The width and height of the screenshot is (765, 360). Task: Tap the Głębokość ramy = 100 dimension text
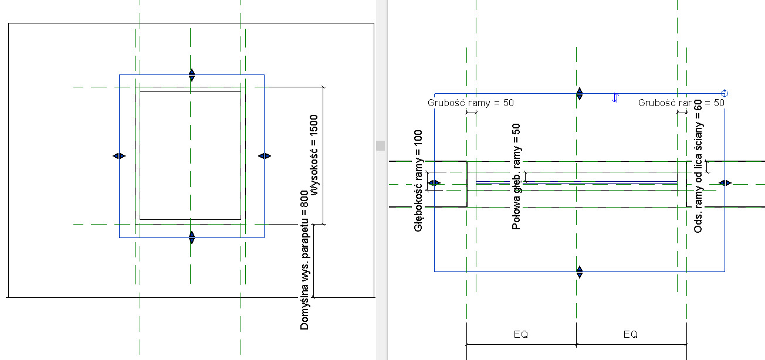[419, 181]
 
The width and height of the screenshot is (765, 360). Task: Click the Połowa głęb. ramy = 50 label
[516, 176]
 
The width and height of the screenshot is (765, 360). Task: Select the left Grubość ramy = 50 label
[470, 103]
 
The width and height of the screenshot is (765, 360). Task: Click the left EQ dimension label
[521, 334]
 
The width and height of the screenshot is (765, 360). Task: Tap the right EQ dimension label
[631, 334]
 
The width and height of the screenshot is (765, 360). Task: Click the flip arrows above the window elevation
[192, 75]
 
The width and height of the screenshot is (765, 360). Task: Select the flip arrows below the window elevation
[192, 237]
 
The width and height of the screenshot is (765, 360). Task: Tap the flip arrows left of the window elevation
[119, 156]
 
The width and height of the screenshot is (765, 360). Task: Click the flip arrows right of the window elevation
[264, 156]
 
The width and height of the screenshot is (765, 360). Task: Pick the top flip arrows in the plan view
[580, 94]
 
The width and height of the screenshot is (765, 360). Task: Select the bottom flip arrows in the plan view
[580, 271]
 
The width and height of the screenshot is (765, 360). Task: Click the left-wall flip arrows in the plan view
[434, 184]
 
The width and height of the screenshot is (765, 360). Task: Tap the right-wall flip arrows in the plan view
[725, 184]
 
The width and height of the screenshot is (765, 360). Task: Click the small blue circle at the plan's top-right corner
[725, 93]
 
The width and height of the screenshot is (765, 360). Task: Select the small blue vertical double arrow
[615, 98]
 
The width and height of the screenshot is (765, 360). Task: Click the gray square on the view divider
[381, 145]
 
